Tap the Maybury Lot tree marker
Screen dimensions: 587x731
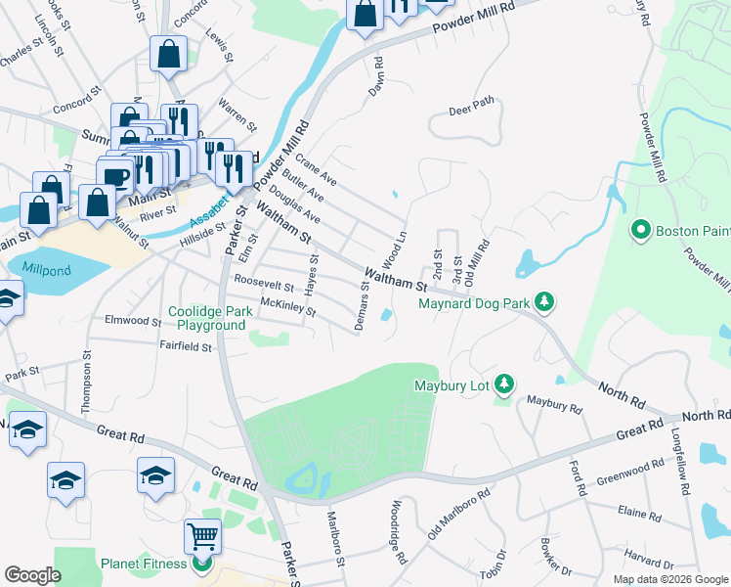(x=503, y=384)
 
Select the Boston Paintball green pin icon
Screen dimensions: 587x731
(x=641, y=231)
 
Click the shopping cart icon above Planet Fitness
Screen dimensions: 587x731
(x=202, y=536)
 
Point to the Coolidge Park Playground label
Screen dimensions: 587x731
(x=206, y=318)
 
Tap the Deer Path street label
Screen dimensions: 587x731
(x=472, y=110)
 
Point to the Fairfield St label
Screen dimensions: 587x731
(x=186, y=345)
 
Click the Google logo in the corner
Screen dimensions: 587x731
(x=33, y=575)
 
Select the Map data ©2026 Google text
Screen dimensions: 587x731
(x=669, y=579)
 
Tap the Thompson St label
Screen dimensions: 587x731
(x=88, y=384)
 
